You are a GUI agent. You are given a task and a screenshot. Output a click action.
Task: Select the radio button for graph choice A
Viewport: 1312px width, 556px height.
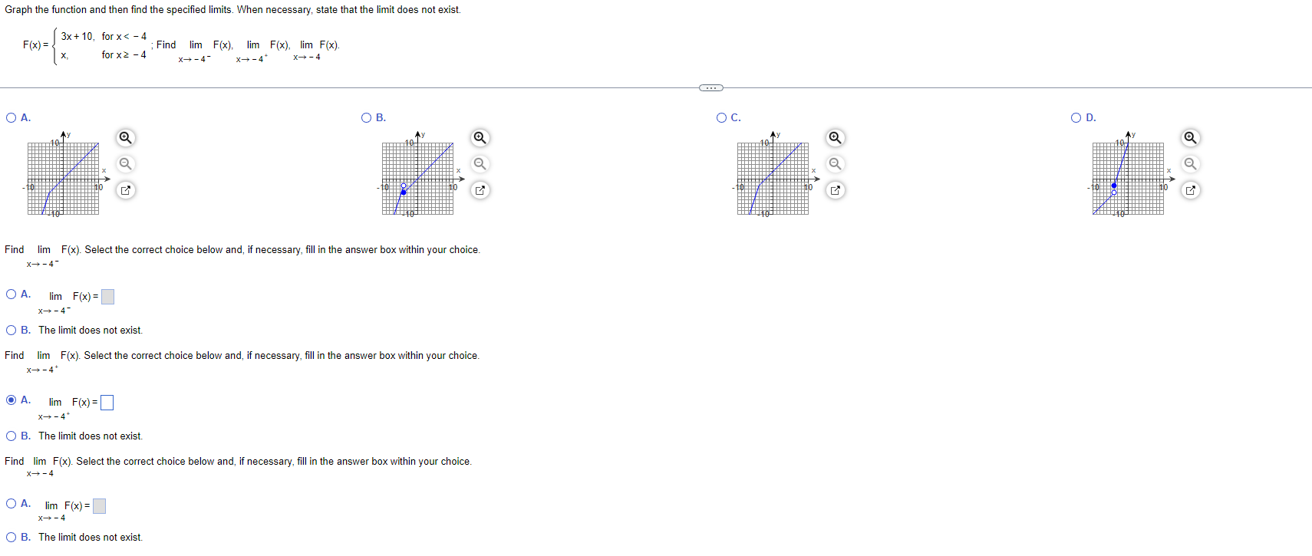[x=11, y=117]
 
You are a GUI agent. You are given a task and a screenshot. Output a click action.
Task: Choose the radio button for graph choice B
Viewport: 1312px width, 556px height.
[x=367, y=117]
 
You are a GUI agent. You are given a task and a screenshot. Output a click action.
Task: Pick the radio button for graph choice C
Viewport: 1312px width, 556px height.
[x=721, y=117]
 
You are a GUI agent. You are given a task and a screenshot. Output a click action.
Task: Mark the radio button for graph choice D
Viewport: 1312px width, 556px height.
[x=1076, y=117]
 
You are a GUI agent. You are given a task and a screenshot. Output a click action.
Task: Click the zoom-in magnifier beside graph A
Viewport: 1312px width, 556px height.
[x=125, y=138]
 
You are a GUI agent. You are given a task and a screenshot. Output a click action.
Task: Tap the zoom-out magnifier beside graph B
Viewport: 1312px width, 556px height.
[x=480, y=164]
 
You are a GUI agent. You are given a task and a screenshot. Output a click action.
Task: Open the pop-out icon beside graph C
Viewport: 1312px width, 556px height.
[x=835, y=190]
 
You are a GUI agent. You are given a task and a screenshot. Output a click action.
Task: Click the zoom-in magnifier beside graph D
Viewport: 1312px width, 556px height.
[x=1190, y=138]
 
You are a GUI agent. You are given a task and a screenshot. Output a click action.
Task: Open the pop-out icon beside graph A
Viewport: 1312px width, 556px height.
[x=125, y=190]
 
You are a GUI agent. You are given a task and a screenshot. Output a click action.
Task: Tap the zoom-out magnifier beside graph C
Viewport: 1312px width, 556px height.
[x=835, y=164]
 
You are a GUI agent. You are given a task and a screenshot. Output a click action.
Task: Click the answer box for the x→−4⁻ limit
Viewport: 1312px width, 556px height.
[x=107, y=297]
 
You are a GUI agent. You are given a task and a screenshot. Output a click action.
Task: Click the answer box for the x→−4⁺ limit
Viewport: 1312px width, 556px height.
[x=107, y=403]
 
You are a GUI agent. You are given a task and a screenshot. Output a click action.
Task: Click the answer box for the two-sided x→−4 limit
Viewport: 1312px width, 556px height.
[x=99, y=506]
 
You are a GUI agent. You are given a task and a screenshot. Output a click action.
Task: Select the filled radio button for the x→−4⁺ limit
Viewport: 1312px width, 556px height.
[x=11, y=400]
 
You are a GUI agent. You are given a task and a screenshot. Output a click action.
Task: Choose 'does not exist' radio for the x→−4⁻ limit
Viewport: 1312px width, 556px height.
[x=11, y=331]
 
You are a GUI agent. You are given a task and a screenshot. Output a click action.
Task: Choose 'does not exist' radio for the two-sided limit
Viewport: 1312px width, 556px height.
[x=11, y=538]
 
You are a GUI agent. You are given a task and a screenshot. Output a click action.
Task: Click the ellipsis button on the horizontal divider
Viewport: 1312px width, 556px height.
[x=711, y=87]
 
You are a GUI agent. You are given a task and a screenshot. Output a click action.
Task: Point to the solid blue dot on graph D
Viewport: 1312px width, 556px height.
[x=1114, y=186]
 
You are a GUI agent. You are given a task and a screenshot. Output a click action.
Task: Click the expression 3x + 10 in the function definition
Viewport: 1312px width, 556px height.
[x=77, y=36]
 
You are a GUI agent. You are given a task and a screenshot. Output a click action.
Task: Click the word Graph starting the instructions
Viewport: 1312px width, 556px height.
[x=18, y=10]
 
